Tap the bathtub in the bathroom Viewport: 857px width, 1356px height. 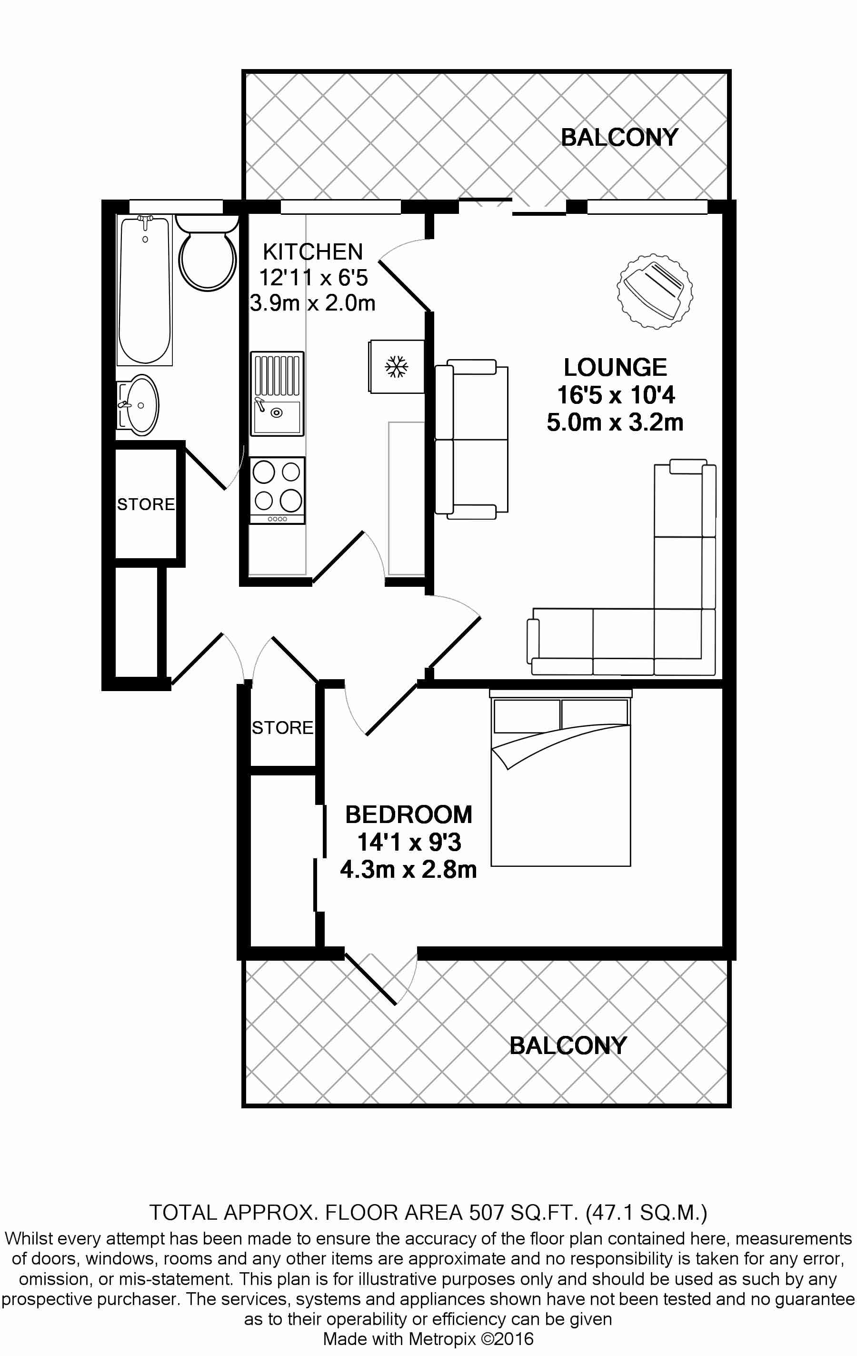click(145, 290)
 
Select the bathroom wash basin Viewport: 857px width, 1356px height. click(140, 404)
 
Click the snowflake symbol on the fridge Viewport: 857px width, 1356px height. click(397, 367)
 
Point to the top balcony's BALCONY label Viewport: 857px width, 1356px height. click(619, 137)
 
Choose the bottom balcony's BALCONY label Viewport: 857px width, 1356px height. click(568, 1046)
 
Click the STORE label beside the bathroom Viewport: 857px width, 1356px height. click(146, 504)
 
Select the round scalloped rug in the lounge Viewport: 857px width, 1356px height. click(654, 291)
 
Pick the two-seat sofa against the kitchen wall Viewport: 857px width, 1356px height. click(472, 439)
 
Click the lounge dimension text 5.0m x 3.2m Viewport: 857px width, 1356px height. click(615, 422)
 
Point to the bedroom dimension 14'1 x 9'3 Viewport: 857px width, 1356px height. click(409, 843)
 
